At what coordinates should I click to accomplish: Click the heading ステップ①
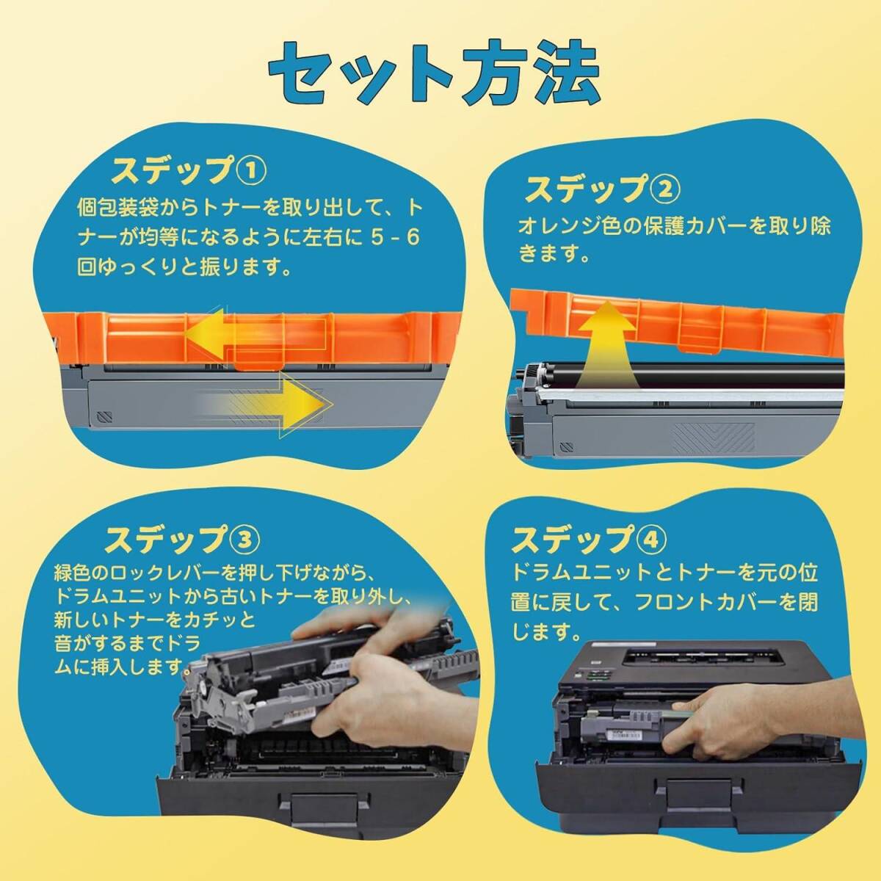point(189,171)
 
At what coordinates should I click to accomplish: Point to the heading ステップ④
point(589,540)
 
